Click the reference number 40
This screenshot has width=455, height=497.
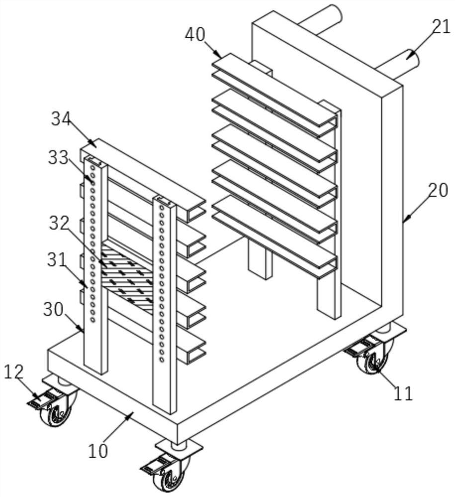click(x=195, y=35)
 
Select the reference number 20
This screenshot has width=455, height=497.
click(x=438, y=190)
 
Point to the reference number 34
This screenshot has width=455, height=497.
click(x=61, y=119)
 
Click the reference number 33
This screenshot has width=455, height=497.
click(x=58, y=158)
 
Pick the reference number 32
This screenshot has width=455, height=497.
click(x=58, y=224)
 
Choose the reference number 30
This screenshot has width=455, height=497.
click(x=53, y=309)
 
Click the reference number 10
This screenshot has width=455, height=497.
click(x=98, y=451)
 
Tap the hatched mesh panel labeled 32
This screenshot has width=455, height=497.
click(x=127, y=277)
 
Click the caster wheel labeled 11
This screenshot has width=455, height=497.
click(x=374, y=362)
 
